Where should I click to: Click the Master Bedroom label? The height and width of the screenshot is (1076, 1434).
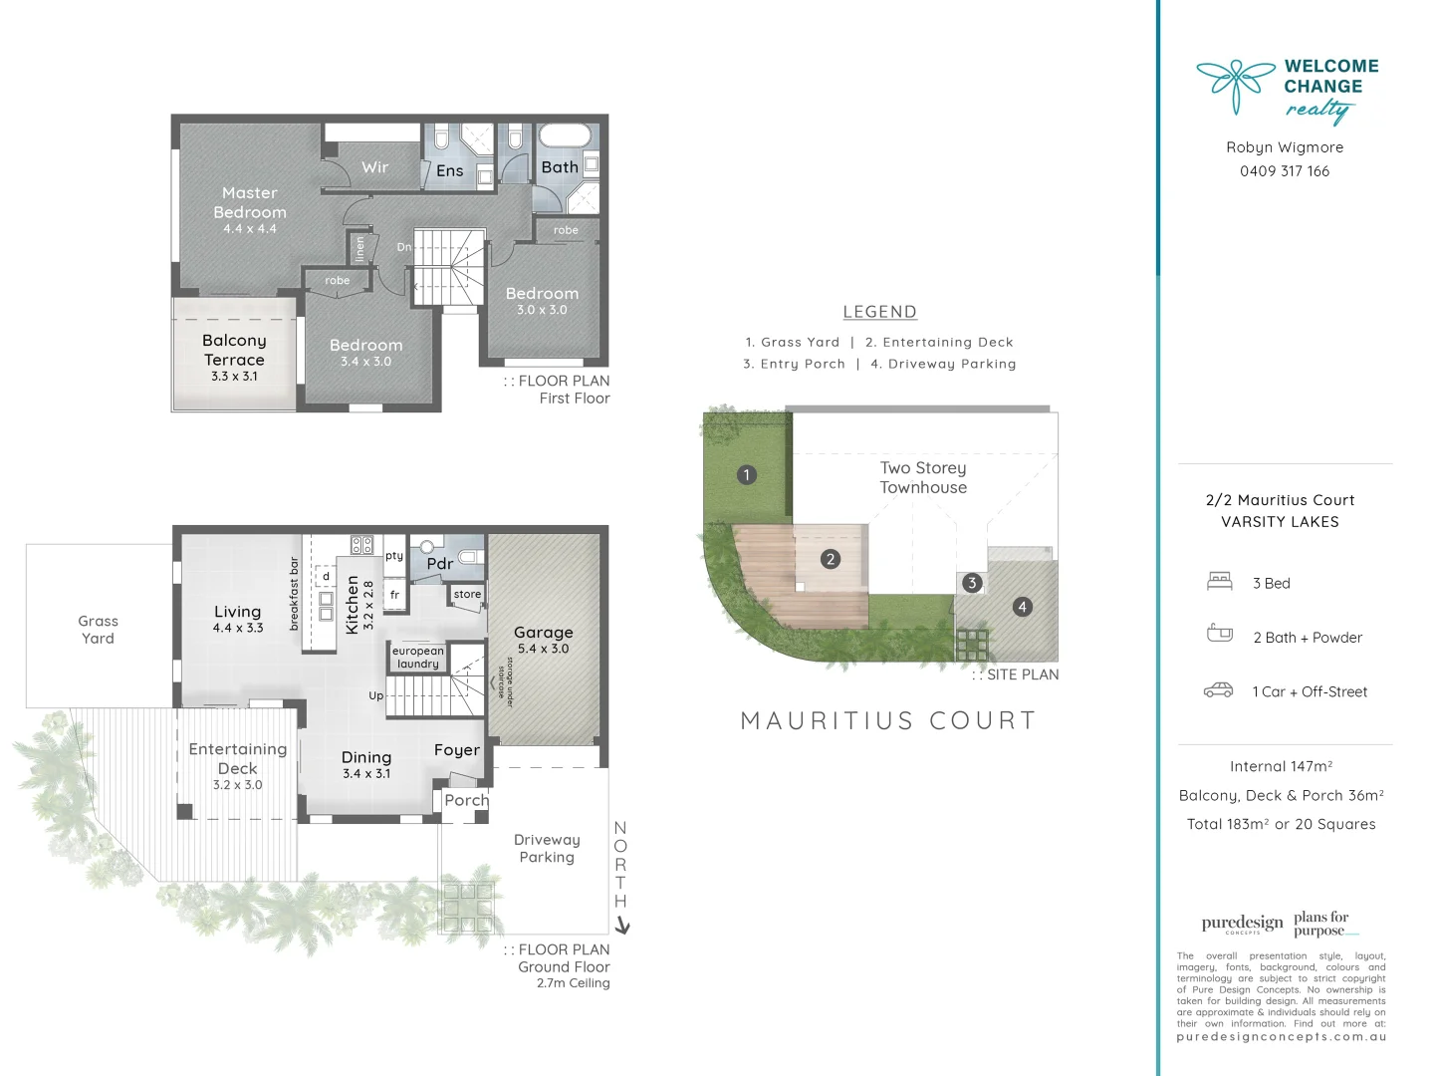click(250, 202)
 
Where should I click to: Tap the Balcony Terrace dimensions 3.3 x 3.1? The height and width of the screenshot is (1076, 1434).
click(234, 377)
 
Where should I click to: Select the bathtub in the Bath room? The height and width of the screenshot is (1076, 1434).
click(564, 135)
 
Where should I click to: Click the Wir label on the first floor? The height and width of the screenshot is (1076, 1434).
click(375, 167)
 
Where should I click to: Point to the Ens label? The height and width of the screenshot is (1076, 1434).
click(450, 171)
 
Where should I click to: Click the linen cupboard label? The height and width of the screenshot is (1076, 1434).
click(359, 248)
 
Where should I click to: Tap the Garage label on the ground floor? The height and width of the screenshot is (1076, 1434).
click(544, 633)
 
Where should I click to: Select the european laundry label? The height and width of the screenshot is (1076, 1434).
click(418, 658)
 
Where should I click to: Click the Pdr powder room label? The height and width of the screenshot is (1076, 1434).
click(440, 564)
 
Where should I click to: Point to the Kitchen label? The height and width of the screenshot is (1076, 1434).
click(352, 605)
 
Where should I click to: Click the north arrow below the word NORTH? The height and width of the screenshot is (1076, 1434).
click(622, 927)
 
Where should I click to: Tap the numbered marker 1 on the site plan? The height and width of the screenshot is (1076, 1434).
click(747, 475)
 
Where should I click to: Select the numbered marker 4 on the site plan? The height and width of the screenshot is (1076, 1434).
click(1022, 607)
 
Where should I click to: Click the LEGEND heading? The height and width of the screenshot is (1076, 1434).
click(879, 312)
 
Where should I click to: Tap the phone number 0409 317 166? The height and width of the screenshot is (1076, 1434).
click(1285, 171)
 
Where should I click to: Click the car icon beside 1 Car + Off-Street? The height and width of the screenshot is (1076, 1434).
click(1219, 690)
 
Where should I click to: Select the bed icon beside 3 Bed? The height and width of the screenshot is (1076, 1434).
click(1219, 582)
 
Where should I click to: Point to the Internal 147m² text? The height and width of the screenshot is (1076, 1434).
click(1281, 766)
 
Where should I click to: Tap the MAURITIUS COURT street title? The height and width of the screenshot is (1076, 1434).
click(888, 720)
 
